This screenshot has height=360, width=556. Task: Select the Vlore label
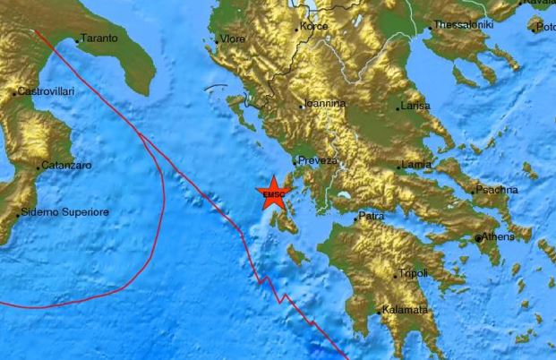tap(232, 39)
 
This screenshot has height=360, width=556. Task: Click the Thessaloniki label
tap(464, 25)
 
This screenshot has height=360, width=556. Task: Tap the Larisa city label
tap(417, 106)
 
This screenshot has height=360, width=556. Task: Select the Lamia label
tap(418, 165)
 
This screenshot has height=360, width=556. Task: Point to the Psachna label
tap(497, 190)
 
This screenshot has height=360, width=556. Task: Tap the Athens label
tap(499, 237)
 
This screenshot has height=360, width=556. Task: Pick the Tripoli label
tap(414, 272)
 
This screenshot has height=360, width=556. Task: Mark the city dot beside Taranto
tap(77, 39)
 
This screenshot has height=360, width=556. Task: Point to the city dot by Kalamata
tap(382, 309)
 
